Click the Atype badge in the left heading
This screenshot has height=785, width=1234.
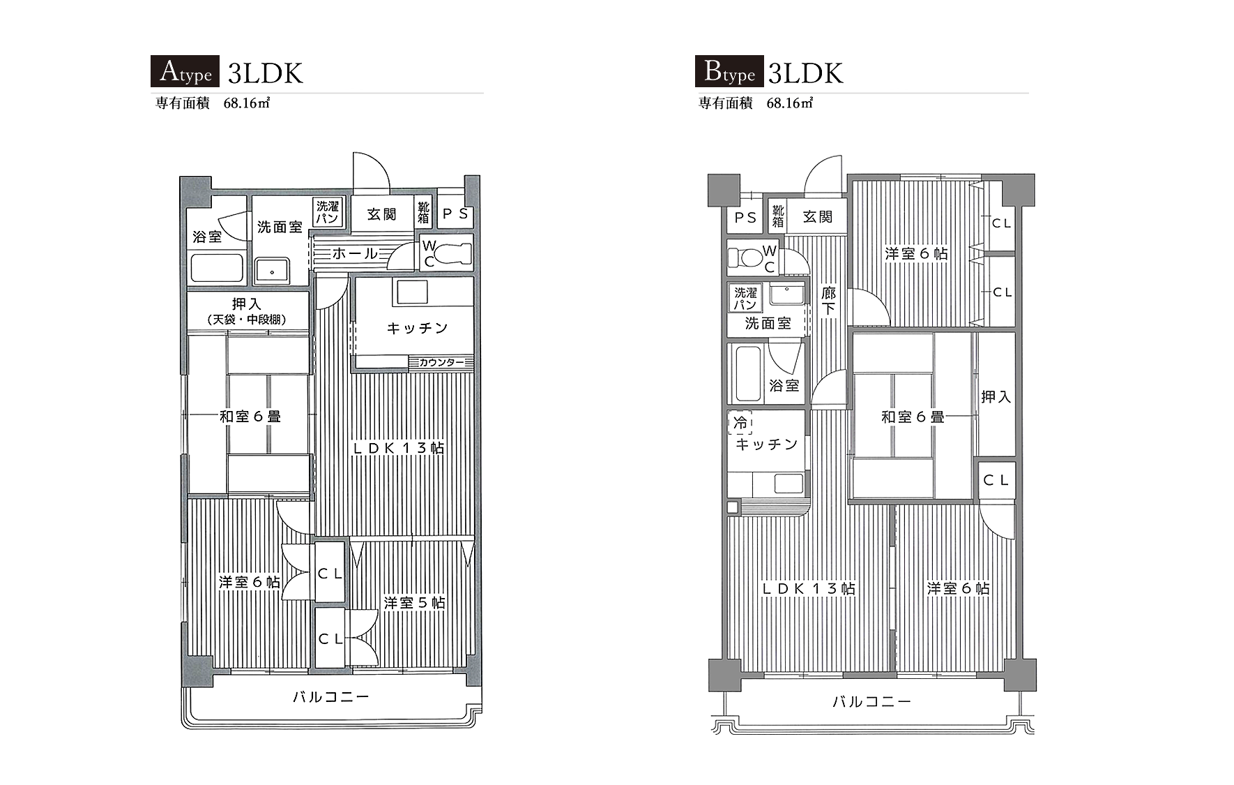tap(185, 71)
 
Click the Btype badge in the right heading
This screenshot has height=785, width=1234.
tap(729, 71)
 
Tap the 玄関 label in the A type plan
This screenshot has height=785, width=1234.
tap(381, 214)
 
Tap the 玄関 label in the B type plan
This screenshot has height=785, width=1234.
tap(817, 217)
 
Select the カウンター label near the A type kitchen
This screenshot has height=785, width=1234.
tap(441, 362)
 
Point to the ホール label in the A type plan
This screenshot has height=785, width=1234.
tap(355, 253)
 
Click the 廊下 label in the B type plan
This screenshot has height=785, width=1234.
tap(828, 301)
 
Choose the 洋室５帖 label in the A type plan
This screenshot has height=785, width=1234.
tap(414, 602)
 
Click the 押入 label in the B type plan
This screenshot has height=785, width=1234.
tap(996, 396)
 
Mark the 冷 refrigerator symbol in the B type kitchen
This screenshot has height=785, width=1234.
tap(740, 422)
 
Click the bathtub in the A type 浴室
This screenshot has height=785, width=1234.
tap(217, 267)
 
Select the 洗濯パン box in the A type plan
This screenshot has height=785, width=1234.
tap(327, 212)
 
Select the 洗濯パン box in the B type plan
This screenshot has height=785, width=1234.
tap(745, 299)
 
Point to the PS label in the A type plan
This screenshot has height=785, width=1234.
tap(456, 214)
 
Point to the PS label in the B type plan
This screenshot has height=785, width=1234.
tap(745, 218)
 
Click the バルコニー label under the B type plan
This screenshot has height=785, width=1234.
tap(871, 701)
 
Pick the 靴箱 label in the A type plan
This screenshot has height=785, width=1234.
tap(424, 212)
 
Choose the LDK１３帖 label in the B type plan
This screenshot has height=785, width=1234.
tap(808, 588)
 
